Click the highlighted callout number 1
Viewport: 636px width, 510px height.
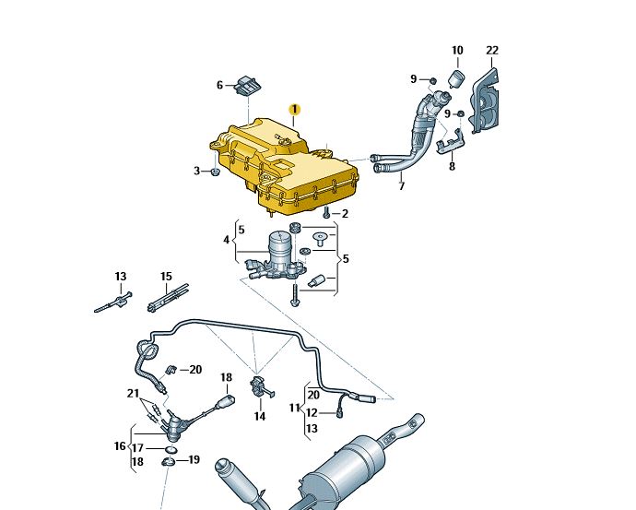click(x=294, y=109)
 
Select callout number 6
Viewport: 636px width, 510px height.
click(x=220, y=86)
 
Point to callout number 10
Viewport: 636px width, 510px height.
click(x=457, y=50)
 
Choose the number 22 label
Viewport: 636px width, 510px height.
click(x=492, y=50)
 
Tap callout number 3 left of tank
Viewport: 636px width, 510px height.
click(x=196, y=171)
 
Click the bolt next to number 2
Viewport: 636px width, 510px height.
click(x=326, y=213)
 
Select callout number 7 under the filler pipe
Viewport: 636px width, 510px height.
click(x=401, y=186)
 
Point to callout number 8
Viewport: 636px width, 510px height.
click(x=452, y=167)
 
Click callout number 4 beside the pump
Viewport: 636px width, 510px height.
click(x=227, y=241)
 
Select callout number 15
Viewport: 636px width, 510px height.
click(x=166, y=276)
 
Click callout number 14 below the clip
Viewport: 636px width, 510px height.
click(x=259, y=416)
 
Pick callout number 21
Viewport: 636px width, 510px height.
click(x=133, y=393)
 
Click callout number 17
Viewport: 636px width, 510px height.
click(x=136, y=447)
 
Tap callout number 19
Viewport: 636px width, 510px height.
click(x=194, y=459)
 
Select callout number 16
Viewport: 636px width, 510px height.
click(x=120, y=446)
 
